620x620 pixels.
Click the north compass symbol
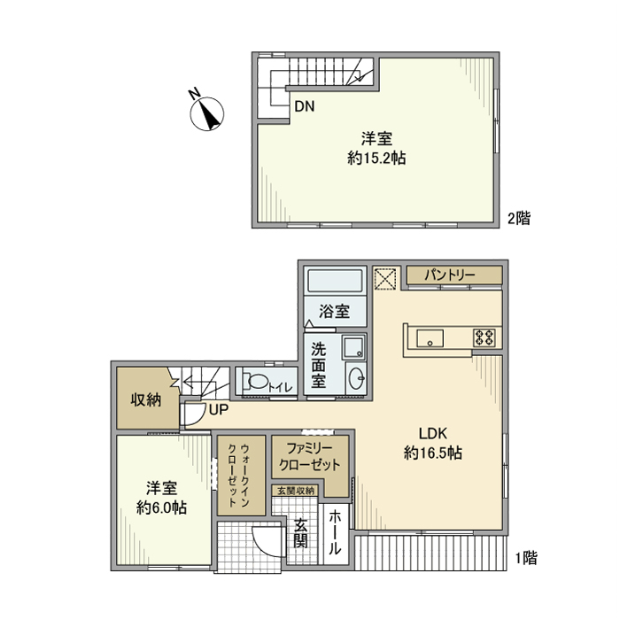click(208, 113)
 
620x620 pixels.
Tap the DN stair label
click(304, 107)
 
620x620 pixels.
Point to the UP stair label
click(219, 410)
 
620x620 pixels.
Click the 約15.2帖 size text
click(371, 159)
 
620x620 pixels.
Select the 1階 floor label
click(525, 558)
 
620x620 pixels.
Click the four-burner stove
click(485, 336)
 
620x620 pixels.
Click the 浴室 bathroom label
click(334, 312)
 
